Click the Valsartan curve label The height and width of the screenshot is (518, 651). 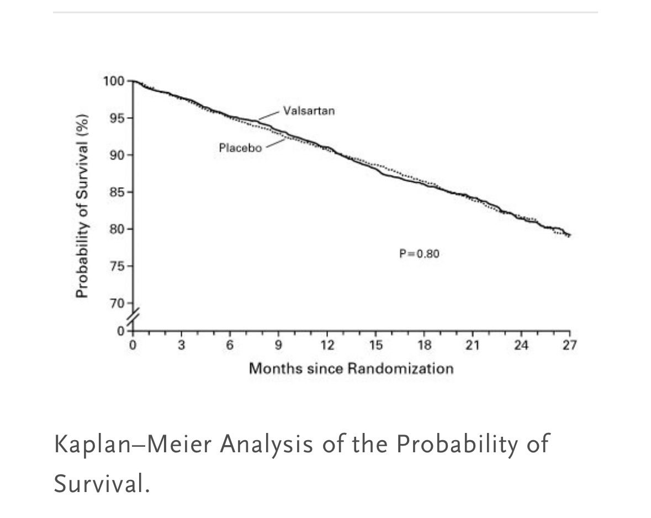[x=309, y=110]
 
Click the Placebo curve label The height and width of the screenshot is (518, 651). [x=240, y=148]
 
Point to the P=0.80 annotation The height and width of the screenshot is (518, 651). [x=419, y=254]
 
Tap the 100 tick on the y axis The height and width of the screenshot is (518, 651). [x=114, y=81]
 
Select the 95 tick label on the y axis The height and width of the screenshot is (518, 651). [x=117, y=118]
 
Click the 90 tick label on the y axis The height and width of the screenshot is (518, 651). [x=117, y=155]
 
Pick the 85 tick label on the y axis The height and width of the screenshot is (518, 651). [x=117, y=192]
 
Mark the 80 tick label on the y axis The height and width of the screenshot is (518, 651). [x=117, y=229]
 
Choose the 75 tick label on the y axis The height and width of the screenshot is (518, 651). [x=117, y=266]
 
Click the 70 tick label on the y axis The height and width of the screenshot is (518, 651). [x=117, y=303]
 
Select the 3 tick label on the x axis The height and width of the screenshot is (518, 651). [x=181, y=346]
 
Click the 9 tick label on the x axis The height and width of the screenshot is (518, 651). [x=278, y=346]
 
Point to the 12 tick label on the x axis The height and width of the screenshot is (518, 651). [x=327, y=346]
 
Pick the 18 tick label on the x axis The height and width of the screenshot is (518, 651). [x=424, y=346]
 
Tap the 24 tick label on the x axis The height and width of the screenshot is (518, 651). [x=521, y=346]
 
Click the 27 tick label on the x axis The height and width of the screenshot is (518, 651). [x=569, y=346]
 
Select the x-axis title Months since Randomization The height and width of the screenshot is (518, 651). [x=351, y=368]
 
